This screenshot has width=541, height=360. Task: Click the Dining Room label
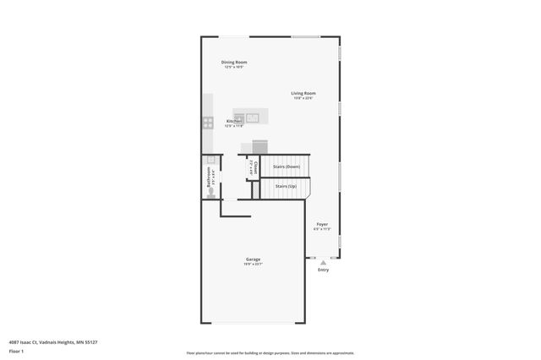(x=234, y=62)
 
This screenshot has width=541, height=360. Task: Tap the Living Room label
(x=303, y=93)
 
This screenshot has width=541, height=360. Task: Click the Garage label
(x=253, y=259)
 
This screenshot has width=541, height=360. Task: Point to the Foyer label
(x=322, y=225)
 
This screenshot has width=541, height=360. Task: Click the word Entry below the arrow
(x=323, y=270)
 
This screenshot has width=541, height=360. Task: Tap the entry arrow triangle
(x=323, y=263)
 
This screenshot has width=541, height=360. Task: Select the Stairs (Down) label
(x=287, y=166)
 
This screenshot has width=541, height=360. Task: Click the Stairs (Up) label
(x=286, y=186)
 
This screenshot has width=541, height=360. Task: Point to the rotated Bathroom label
(x=209, y=179)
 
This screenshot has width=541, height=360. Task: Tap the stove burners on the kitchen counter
(x=208, y=123)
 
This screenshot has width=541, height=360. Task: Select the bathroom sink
(x=210, y=161)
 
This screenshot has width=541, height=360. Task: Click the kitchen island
(x=251, y=116)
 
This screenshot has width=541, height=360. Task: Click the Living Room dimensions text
(x=303, y=98)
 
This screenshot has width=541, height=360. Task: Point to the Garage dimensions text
(x=253, y=265)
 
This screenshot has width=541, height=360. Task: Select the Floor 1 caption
(x=16, y=350)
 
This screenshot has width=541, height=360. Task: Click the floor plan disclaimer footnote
(x=270, y=353)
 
